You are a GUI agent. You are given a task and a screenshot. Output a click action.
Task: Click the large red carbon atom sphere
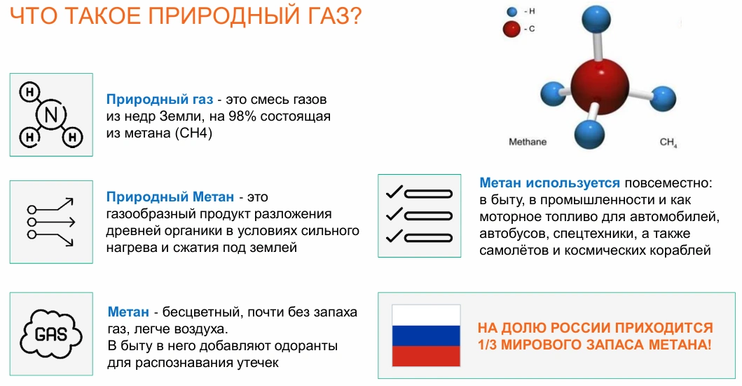(x=600, y=87)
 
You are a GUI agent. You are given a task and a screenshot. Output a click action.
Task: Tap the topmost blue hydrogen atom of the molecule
(x=596, y=20)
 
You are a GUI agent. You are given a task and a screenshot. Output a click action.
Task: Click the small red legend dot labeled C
(x=511, y=29)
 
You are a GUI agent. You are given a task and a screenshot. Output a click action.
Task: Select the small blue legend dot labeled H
(x=511, y=11)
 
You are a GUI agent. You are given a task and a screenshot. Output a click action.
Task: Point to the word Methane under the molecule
(x=528, y=142)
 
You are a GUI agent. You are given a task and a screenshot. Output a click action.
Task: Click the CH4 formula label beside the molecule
(x=668, y=142)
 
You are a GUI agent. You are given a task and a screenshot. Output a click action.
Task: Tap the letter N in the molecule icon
(x=51, y=115)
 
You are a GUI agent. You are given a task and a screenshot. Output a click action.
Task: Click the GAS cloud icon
(x=51, y=334)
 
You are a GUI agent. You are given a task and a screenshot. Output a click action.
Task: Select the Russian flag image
(x=426, y=335)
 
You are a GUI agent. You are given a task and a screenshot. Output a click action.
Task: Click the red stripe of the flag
(x=426, y=356)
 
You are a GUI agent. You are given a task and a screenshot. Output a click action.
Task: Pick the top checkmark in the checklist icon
(x=394, y=192)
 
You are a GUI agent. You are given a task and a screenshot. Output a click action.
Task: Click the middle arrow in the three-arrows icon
(x=51, y=222)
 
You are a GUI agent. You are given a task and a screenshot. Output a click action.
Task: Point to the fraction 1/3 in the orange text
(x=488, y=345)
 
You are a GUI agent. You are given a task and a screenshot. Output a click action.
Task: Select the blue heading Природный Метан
(x=170, y=197)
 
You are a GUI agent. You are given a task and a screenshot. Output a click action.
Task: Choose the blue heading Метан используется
(x=549, y=183)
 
